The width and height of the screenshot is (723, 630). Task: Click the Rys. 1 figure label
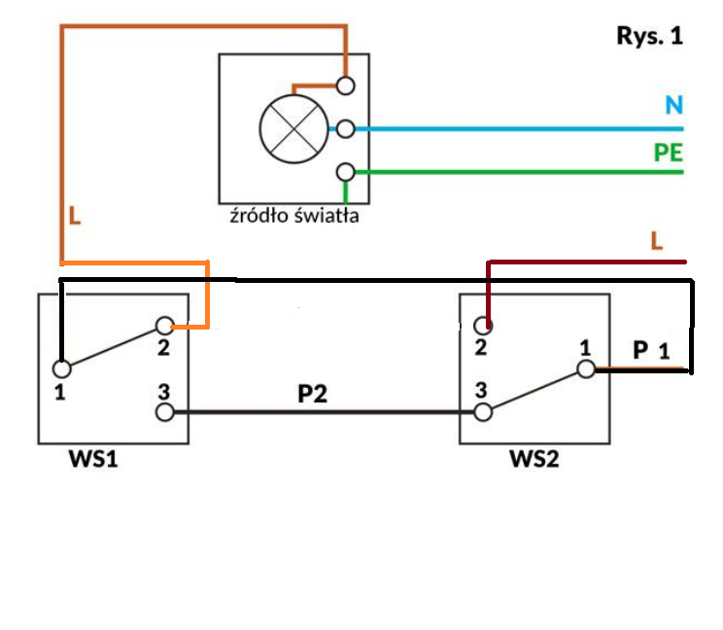[650, 36]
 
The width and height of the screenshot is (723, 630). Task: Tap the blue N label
[673, 105]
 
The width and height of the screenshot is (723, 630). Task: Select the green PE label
[669, 153]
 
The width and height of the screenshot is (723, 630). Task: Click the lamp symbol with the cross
[294, 128]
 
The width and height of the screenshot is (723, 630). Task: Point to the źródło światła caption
[294, 216]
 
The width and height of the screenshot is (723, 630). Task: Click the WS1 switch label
[93, 459]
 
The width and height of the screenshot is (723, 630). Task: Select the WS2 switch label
[534, 459]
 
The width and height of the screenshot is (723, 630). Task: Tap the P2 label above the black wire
[312, 394]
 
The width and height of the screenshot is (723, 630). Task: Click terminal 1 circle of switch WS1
[62, 368]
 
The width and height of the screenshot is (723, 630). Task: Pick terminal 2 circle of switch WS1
[164, 326]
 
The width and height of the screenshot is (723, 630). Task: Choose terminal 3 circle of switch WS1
[164, 412]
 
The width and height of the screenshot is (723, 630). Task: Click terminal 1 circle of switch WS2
[586, 369]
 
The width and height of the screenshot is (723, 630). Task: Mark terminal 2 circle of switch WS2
[483, 326]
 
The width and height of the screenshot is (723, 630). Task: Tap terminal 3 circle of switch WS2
[483, 412]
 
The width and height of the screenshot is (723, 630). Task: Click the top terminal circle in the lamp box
[345, 86]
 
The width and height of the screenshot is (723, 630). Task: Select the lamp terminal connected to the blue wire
[345, 128]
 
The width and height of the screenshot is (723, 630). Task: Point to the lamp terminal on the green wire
[345, 172]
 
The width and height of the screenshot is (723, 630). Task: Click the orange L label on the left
[74, 216]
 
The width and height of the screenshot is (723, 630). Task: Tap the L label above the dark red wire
[657, 241]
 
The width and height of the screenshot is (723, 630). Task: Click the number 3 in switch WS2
[481, 390]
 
